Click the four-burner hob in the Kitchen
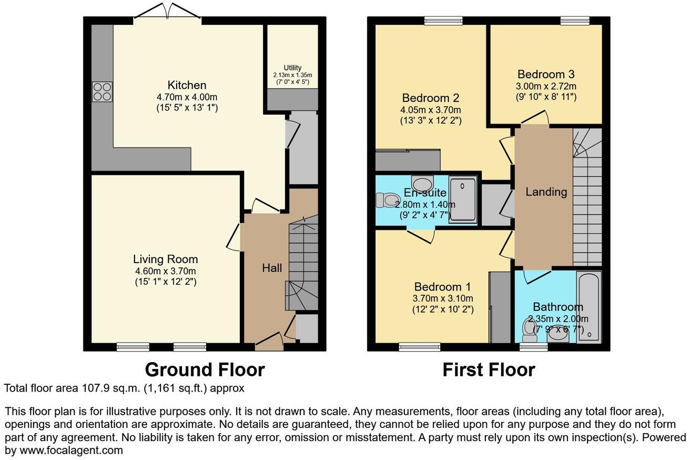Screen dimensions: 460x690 tap(102, 92)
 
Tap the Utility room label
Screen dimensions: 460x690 tap(292, 68)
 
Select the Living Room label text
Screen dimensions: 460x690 tap(165, 259)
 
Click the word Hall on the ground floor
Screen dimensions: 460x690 tap(272, 268)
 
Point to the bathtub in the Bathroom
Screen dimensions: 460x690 tap(588, 307)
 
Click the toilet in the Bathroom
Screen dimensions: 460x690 tap(529, 329)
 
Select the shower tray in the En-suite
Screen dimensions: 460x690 tap(463, 201)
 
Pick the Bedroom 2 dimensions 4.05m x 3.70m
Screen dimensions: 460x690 tap(431, 109)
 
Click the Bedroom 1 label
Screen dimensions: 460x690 tap(442, 287)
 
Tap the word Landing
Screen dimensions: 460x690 tap(546, 192)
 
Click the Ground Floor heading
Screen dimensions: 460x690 tap(205, 369)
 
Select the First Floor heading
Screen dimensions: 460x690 tap(489, 369)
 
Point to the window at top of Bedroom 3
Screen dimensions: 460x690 tap(574, 21)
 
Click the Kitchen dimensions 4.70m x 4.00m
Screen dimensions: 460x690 tap(187, 97)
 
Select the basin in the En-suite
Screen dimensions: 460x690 tap(421, 184)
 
